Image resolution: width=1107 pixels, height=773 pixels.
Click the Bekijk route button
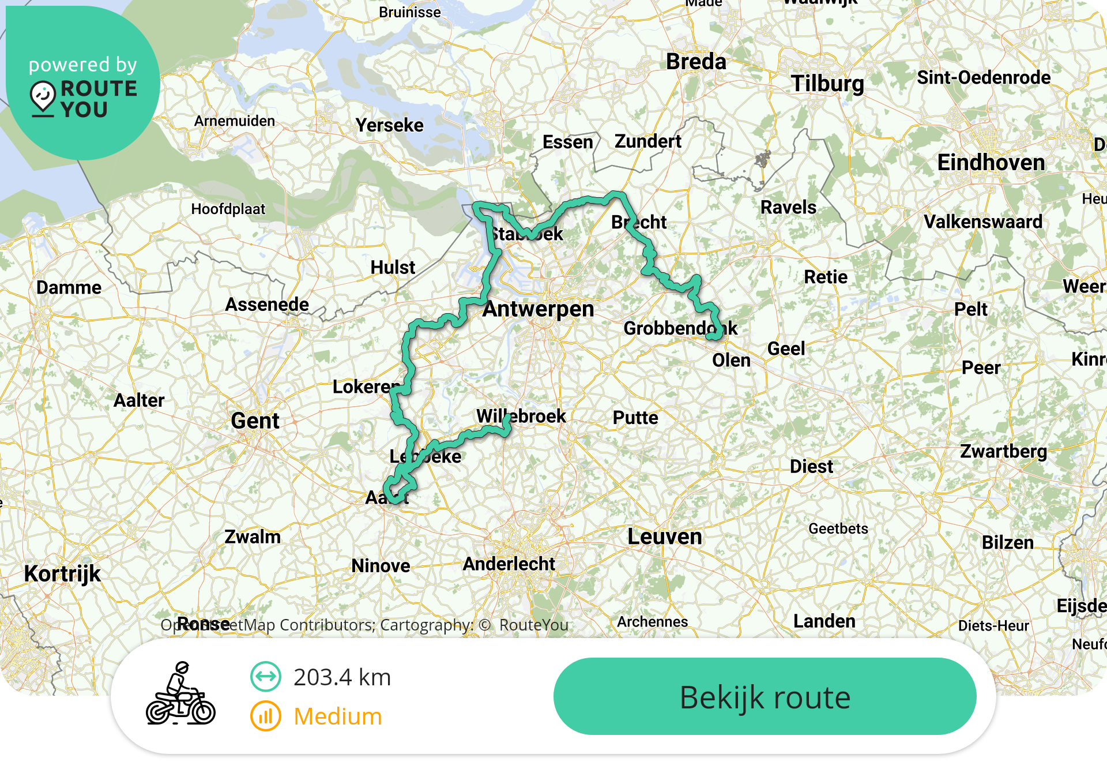765,696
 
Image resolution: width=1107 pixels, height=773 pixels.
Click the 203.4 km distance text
342,677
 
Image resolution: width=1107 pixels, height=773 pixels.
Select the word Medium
338,716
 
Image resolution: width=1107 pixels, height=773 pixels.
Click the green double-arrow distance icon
266,677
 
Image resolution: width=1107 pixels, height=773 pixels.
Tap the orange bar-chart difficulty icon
266,716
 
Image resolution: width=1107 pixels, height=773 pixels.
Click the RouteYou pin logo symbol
43,97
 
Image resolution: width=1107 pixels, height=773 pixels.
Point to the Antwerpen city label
538,309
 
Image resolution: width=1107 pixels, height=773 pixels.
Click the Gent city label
255,421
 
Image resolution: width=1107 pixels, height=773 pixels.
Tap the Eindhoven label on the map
991,163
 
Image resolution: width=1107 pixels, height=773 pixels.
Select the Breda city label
696,62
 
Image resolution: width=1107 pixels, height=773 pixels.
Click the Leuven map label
665,537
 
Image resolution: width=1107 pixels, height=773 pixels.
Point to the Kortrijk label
62,574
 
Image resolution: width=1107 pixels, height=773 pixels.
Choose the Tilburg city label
827,84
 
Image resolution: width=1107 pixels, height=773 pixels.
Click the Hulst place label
393,268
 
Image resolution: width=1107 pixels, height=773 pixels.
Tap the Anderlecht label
509,564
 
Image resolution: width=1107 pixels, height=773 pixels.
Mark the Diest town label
811,467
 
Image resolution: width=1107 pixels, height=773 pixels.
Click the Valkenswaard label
983,222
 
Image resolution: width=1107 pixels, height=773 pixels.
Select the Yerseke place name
389,126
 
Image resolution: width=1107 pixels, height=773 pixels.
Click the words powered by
83,65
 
